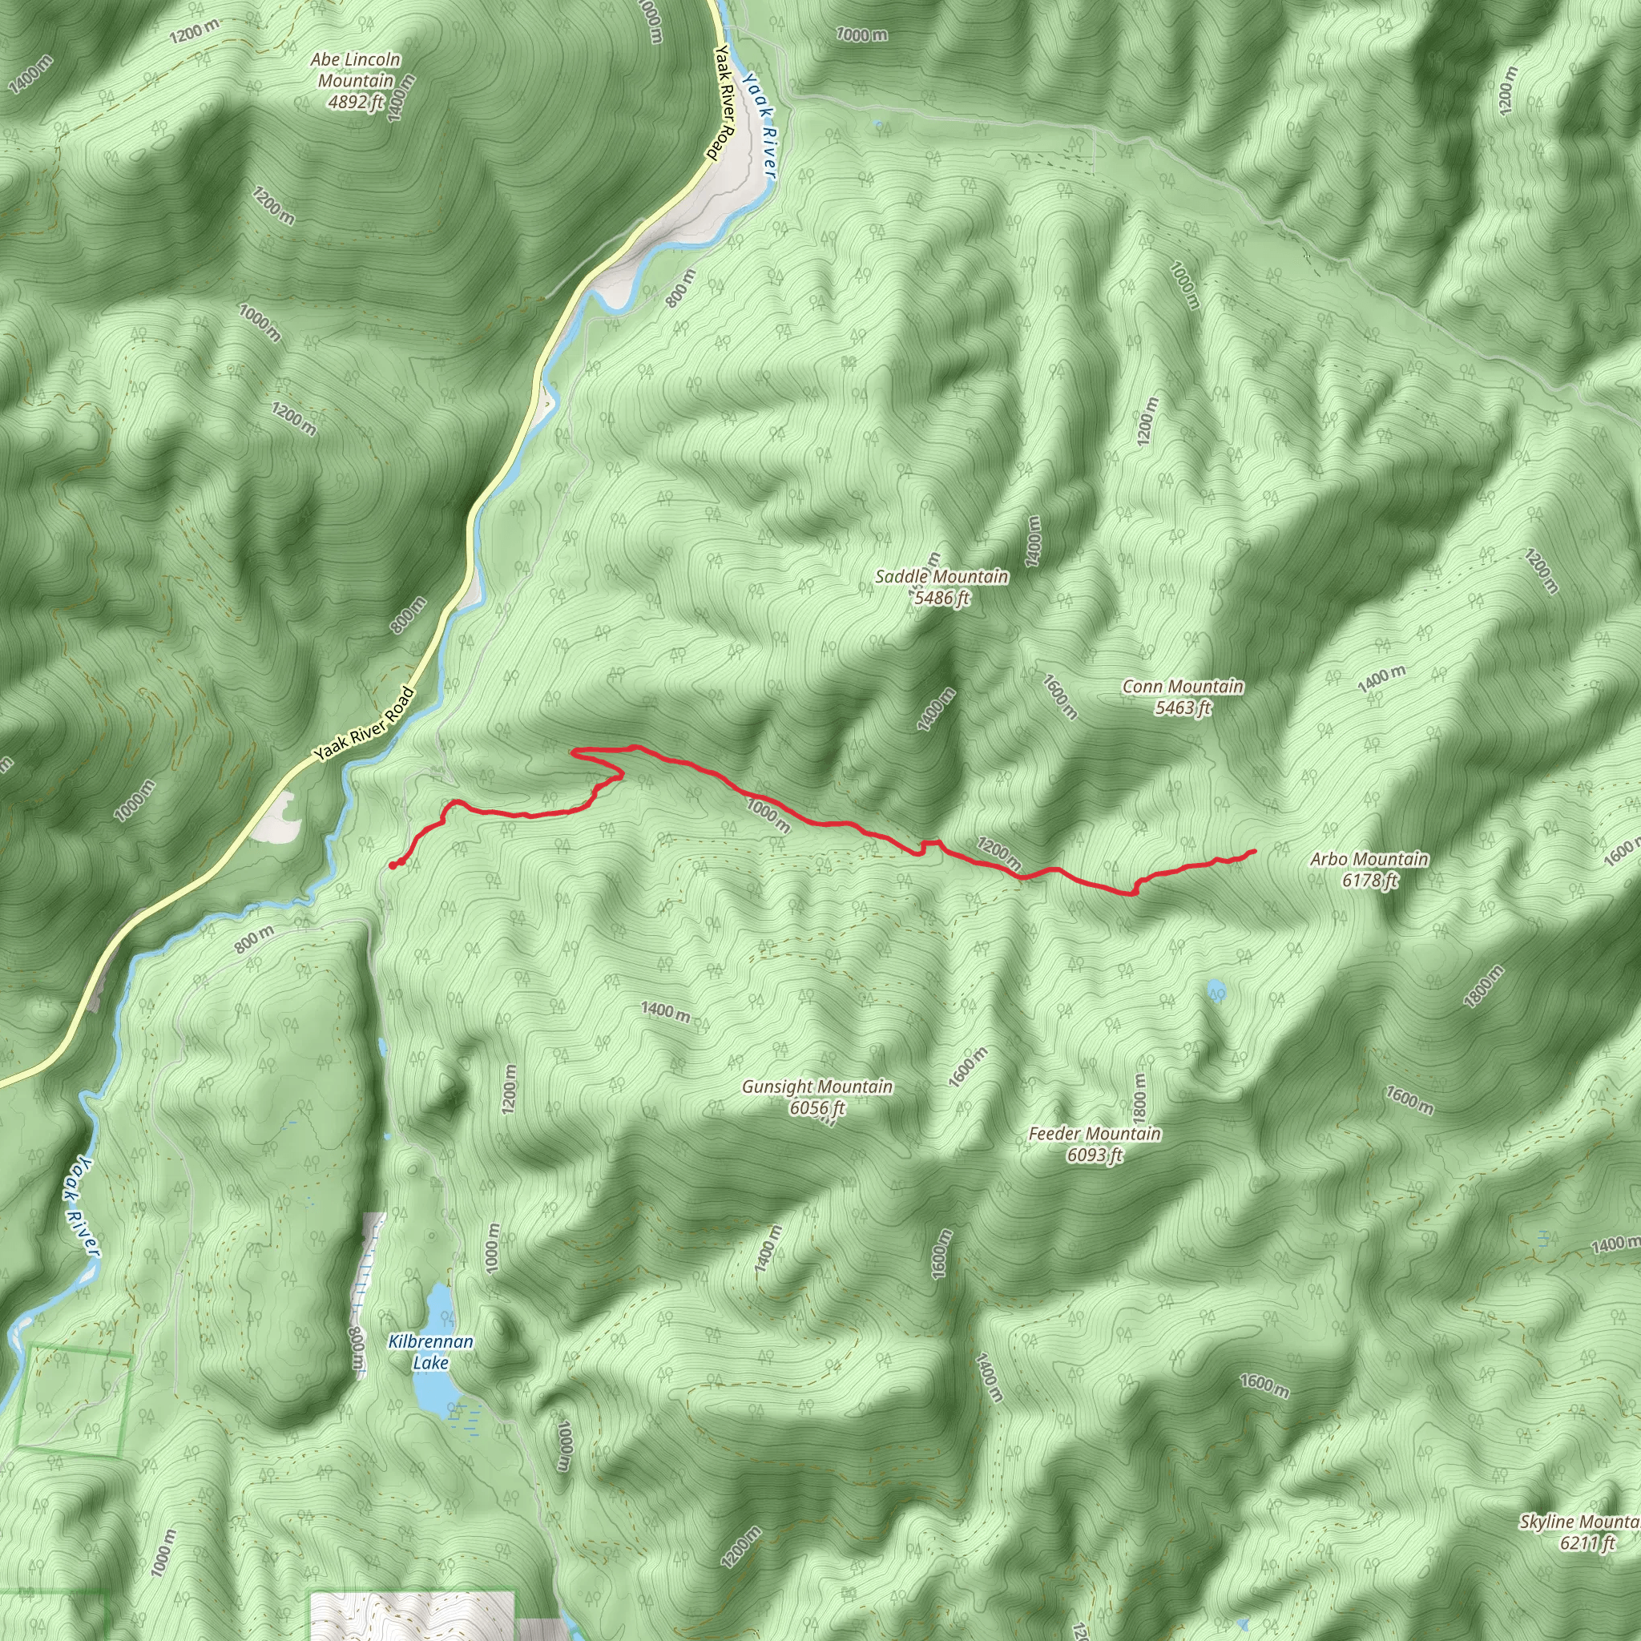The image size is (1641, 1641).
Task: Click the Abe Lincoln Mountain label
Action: click(355, 71)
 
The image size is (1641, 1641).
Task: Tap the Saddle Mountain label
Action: click(942, 577)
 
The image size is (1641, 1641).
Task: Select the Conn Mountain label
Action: click(1183, 687)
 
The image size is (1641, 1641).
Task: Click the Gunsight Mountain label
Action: click(817, 1087)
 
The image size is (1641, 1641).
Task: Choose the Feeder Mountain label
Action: click(1094, 1134)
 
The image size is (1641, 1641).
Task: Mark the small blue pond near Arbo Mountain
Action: click(1216, 990)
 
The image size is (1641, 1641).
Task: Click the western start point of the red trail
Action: click(393, 865)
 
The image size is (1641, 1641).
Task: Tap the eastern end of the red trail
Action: click(1255, 851)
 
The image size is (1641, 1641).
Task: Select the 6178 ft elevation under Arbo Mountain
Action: click(1369, 881)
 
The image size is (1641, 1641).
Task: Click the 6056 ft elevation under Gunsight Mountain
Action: click(817, 1107)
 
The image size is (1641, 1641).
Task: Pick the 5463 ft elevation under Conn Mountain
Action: click(1183, 708)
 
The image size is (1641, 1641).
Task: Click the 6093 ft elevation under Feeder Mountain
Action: click(1094, 1155)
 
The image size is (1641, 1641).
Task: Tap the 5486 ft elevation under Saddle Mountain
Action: click(942, 598)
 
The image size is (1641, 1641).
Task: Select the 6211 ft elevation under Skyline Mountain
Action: click(1587, 1543)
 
